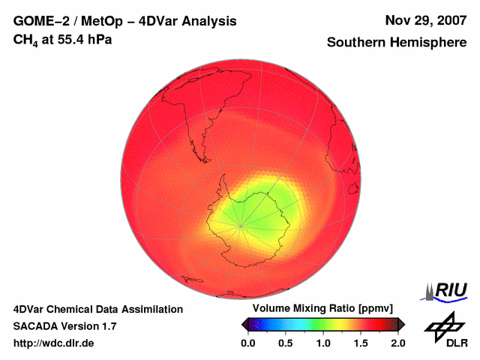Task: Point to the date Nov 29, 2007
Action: (425, 20)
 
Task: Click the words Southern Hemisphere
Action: (397, 43)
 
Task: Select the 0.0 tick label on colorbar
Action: (247, 343)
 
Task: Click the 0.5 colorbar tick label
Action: (285, 343)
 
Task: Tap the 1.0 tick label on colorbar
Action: (322, 343)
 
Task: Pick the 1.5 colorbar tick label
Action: (360, 343)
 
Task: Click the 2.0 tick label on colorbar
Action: (397, 343)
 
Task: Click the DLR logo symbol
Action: (445, 324)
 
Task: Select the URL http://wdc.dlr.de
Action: (55, 343)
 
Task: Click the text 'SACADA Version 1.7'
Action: (65, 326)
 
